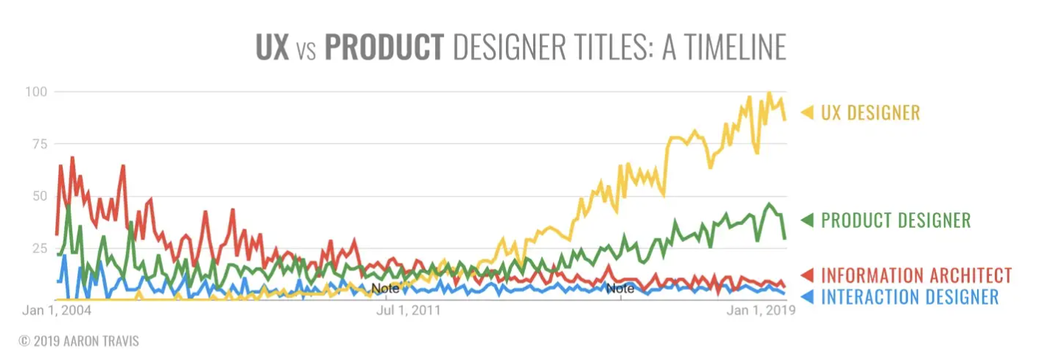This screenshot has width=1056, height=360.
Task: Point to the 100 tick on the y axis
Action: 38,91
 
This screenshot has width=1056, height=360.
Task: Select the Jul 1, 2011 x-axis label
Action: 408,311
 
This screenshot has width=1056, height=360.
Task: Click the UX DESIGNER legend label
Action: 870,113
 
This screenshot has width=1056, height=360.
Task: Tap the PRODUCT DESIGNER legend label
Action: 896,220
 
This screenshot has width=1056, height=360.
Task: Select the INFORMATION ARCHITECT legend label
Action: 917,276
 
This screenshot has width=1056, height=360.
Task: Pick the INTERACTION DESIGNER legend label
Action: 910,297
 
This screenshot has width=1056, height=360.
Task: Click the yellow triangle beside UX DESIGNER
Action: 807,113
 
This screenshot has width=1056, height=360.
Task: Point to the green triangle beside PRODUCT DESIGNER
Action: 807,220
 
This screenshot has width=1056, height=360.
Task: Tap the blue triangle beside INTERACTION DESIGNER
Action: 807,297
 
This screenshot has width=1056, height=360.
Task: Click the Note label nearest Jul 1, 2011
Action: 385,288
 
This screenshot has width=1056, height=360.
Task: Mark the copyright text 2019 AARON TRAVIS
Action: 79,341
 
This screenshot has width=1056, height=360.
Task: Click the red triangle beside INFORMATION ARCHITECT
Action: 807,276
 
